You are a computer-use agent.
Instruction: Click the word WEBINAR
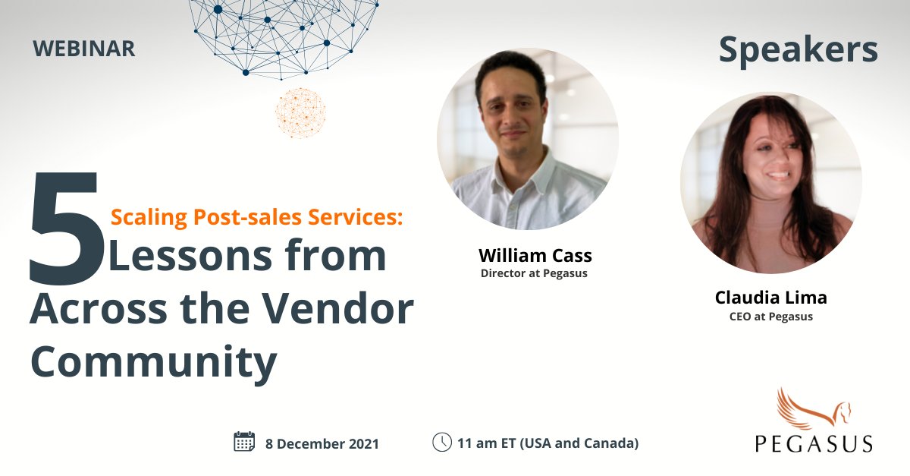coord(84,49)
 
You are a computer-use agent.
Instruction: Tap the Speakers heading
coord(798,50)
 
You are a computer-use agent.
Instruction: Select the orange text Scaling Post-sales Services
coord(256,217)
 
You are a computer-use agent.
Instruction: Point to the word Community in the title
coord(153,362)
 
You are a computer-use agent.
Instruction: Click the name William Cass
coord(535,255)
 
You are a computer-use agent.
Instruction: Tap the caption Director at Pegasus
coord(534,273)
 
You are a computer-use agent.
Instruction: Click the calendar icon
coord(244,442)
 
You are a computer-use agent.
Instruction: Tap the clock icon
coord(441,442)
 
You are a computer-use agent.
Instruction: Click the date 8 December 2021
coord(322,443)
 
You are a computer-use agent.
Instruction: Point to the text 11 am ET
coord(489,443)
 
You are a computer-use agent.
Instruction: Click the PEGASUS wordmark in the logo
coord(813,443)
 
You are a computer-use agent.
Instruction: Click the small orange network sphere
coord(300,112)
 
